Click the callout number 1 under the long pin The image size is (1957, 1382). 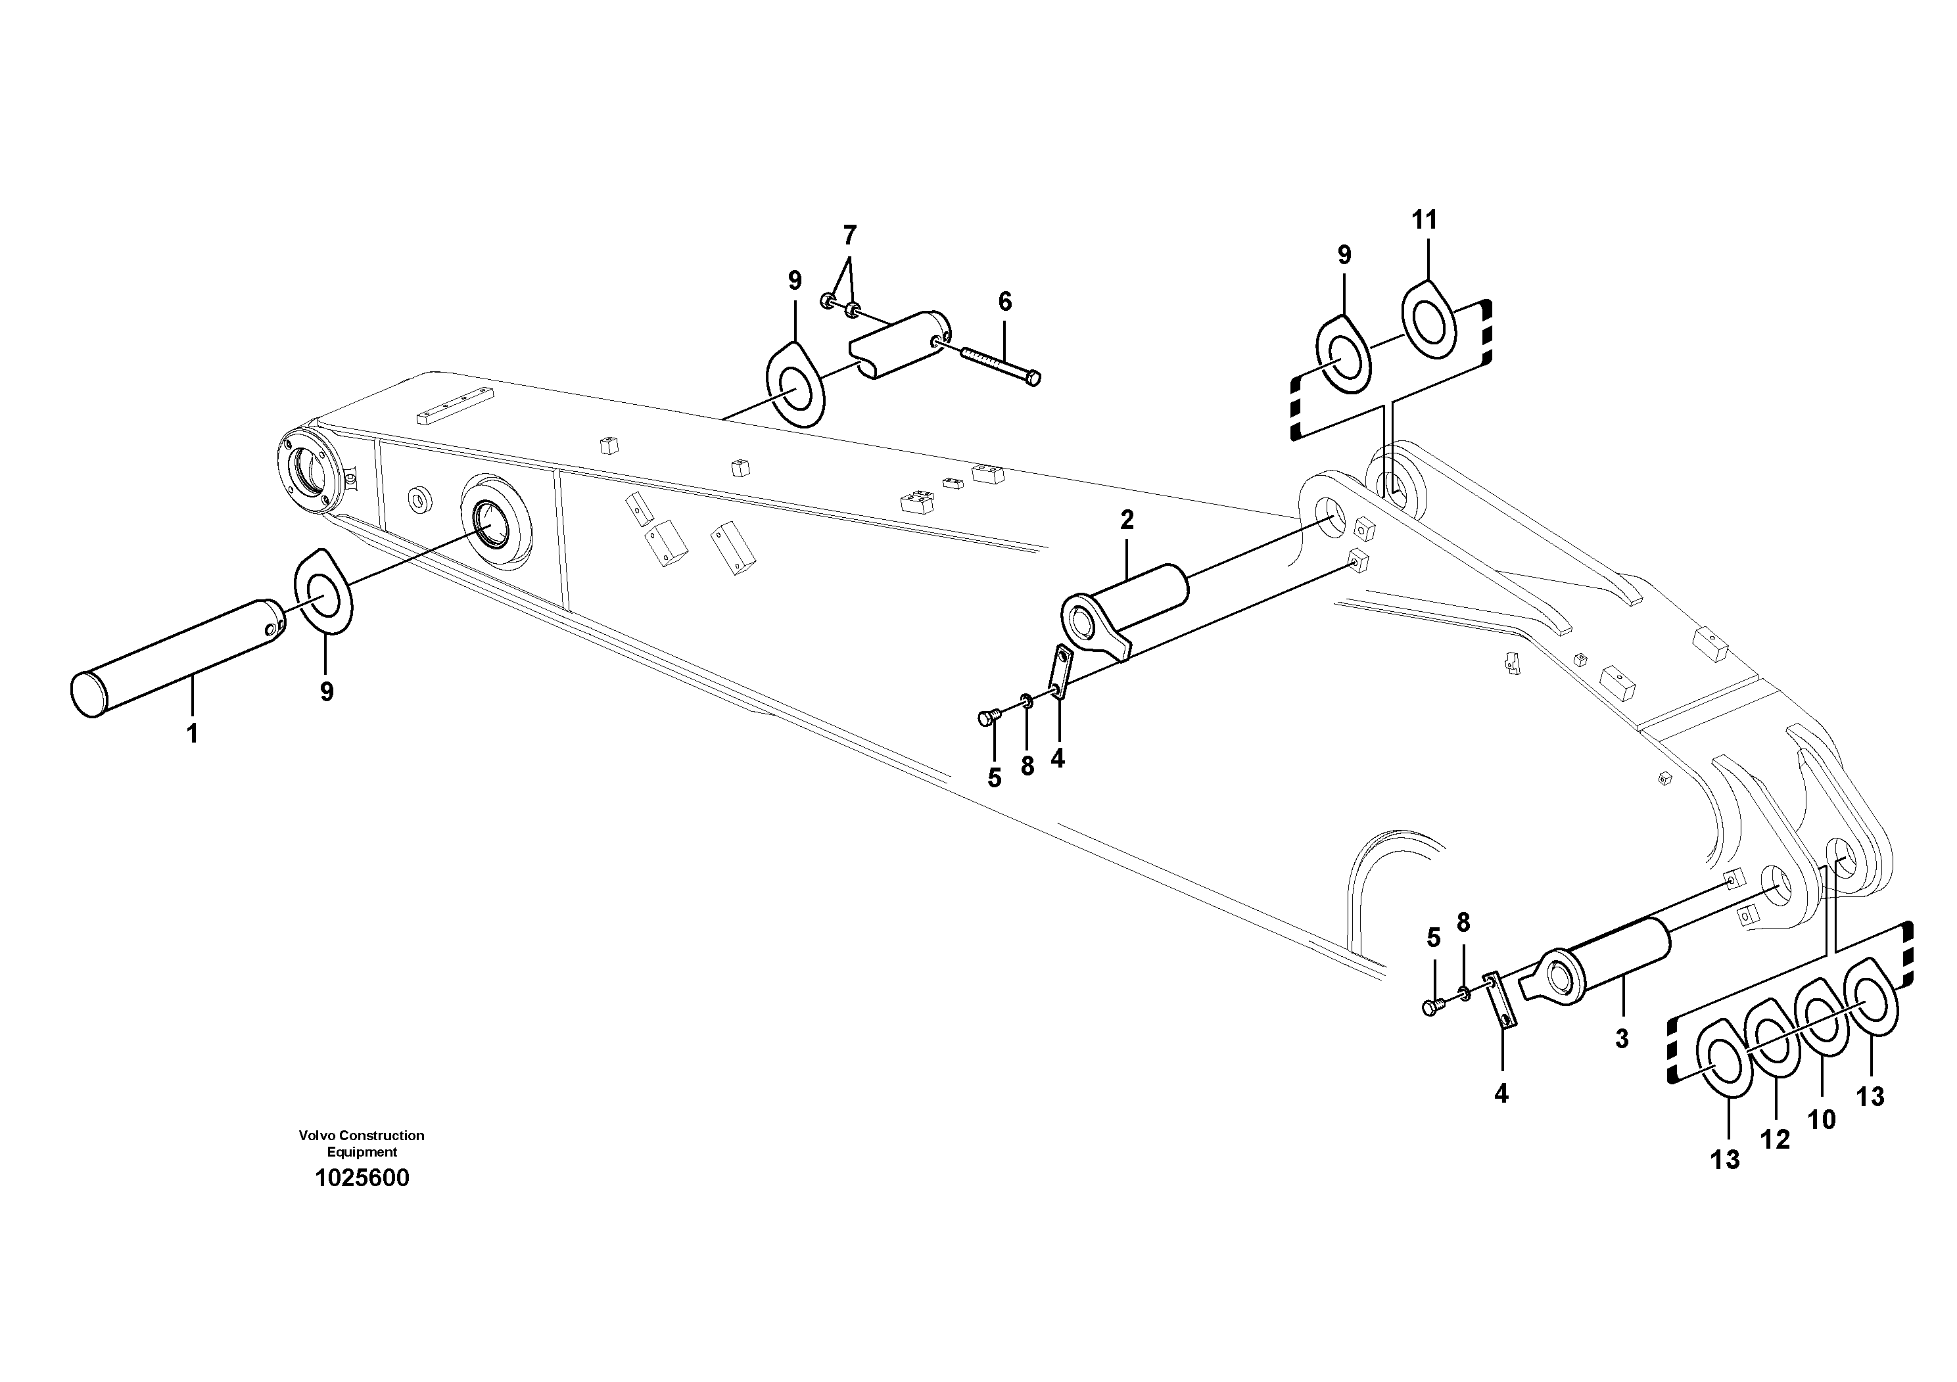click(x=193, y=733)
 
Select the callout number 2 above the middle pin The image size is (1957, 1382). click(x=1127, y=520)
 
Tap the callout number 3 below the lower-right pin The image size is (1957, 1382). click(x=1622, y=1038)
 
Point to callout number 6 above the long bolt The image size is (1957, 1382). click(x=1005, y=301)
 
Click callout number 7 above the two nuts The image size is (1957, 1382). click(x=849, y=235)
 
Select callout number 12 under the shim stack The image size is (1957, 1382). click(x=1776, y=1139)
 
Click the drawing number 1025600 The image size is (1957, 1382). click(x=362, y=1178)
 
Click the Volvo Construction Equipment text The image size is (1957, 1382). click(x=362, y=1143)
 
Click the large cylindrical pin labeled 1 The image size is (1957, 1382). click(x=179, y=656)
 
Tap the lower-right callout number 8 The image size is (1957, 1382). click(x=1463, y=922)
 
